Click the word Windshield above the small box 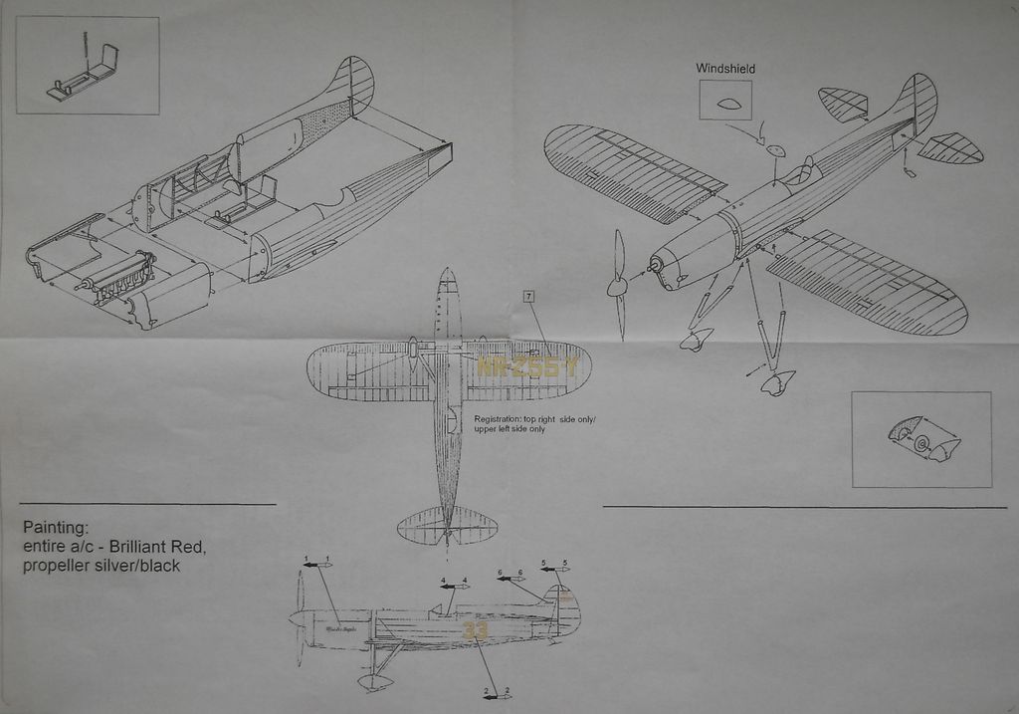pyautogui.click(x=724, y=69)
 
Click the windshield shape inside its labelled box pyautogui.click(x=725, y=102)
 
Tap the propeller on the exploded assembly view pyautogui.click(x=618, y=286)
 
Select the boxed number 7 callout pyautogui.click(x=527, y=297)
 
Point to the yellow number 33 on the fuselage pyautogui.click(x=476, y=630)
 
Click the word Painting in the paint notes pyautogui.click(x=56, y=527)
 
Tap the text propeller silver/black pyautogui.click(x=101, y=567)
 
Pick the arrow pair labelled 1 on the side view pyautogui.click(x=317, y=565)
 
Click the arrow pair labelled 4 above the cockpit pyautogui.click(x=454, y=586)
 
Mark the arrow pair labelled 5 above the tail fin pyautogui.click(x=554, y=569)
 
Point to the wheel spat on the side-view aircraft pyautogui.click(x=376, y=682)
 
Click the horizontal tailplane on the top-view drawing pyautogui.click(x=448, y=525)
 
